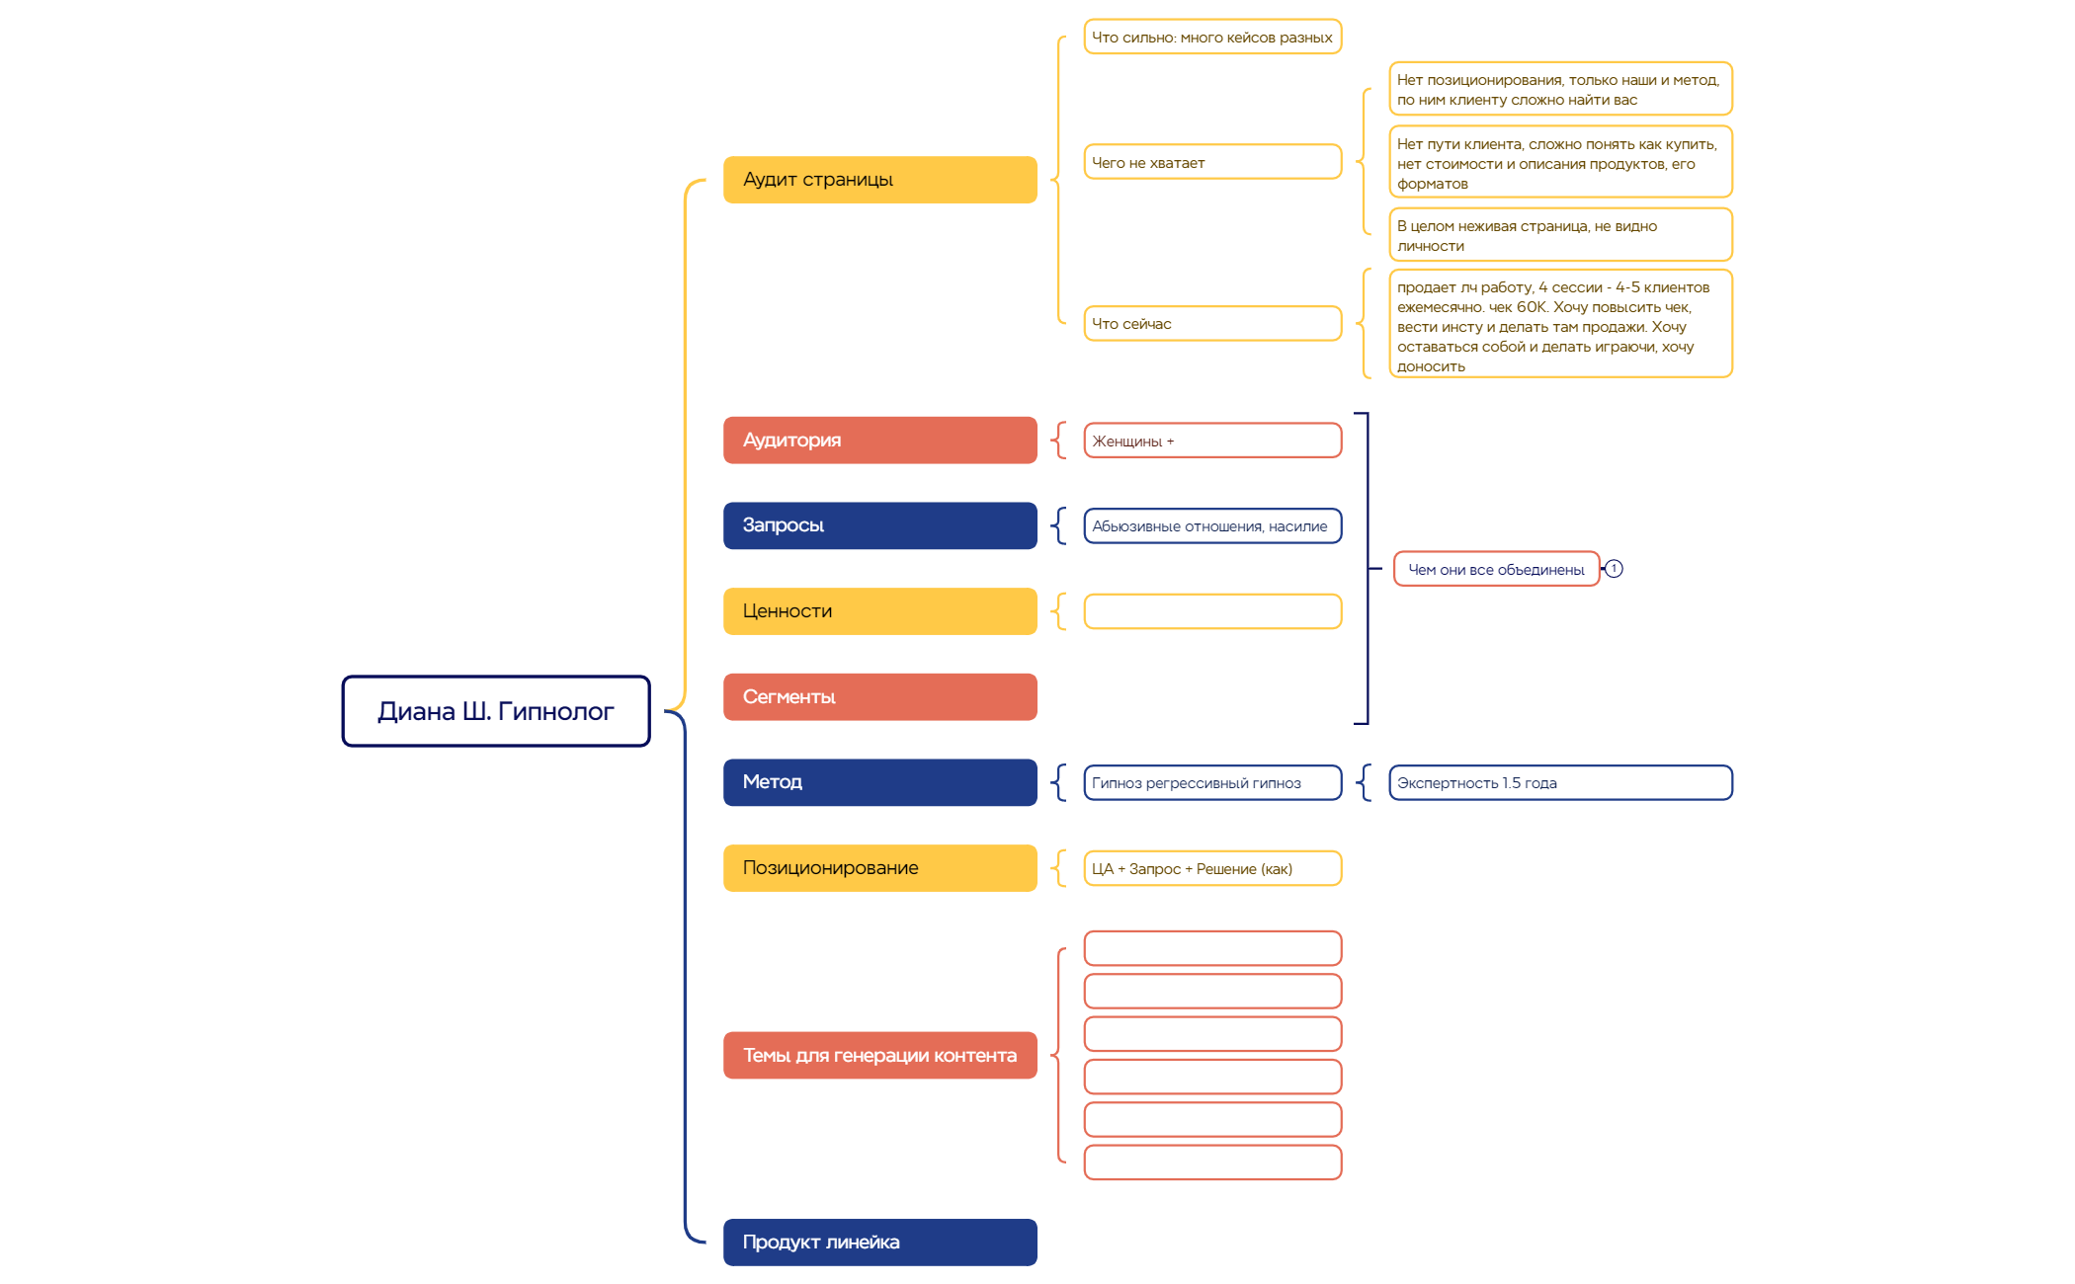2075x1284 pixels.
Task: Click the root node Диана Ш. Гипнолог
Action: pos(496,711)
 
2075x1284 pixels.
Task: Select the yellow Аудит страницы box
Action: pos(879,180)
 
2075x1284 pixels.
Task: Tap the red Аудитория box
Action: pos(879,441)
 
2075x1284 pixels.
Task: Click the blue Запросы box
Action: pos(879,525)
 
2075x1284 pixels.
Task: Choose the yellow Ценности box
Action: pos(879,611)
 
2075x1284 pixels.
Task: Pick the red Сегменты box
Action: pos(879,697)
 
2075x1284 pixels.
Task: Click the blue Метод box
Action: pos(879,782)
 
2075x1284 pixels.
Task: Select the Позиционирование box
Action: pos(879,868)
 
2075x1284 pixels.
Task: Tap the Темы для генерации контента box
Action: pos(879,1056)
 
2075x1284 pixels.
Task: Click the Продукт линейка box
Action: pos(879,1243)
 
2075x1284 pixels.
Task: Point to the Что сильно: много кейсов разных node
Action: pos(1212,38)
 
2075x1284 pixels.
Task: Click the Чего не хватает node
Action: pos(1212,163)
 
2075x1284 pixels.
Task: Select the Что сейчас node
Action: pos(1212,324)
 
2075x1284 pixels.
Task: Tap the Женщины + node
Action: pos(1212,441)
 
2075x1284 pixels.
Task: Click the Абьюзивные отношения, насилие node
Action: pos(1212,526)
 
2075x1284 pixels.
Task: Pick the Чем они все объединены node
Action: pos(1496,570)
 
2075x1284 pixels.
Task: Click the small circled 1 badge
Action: pos(1614,569)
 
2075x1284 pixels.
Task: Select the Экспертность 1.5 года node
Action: pos(1560,783)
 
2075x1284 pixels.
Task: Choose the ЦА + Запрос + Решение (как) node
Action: pos(1212,869)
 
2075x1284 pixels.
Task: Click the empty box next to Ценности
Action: pos(1212,611)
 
